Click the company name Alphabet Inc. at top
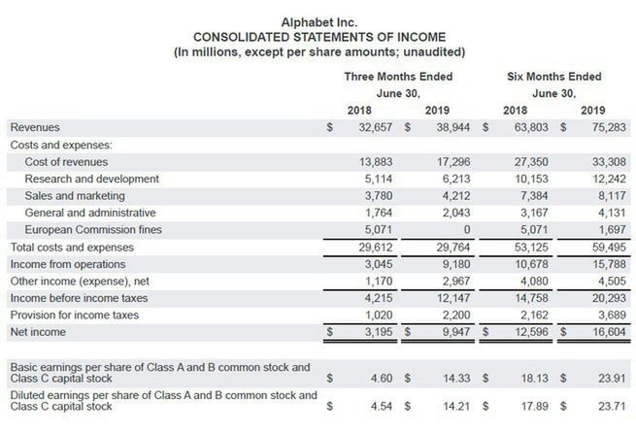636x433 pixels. click(x=318, y=21)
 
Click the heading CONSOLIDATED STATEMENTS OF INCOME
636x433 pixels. click(x=318, y=37)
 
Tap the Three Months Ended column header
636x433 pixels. click(x=398, y=77)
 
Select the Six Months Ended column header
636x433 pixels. click(x=553, y=77)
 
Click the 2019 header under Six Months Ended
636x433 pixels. click(x=592, y=110)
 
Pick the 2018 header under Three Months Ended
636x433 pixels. click(x=359, y=110)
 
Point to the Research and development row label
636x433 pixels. click(x=91, y=180)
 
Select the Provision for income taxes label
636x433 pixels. click(x=74, y=315)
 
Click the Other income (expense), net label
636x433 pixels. click(x=74, y=281)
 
